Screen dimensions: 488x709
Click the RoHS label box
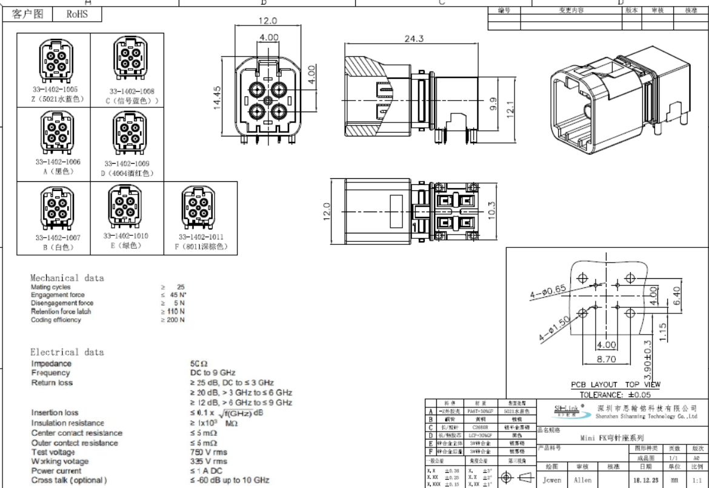tap(77, 14)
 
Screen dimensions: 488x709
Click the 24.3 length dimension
tap(414, 39)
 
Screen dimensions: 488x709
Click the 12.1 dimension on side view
tap(510, 109)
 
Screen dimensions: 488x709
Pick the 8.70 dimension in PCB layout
tap(606, 359)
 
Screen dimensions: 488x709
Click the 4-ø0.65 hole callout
tap(548, 291)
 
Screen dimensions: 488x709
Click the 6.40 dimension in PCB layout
tap(676, 295)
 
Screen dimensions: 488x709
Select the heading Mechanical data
tap(67, 278)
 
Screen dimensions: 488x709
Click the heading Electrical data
tap(67, 352)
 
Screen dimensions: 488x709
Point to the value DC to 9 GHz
tap(213, 373)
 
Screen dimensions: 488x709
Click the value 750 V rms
tap(209, 452)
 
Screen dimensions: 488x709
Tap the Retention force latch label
tap(61, 311)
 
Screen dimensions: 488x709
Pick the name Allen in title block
tap(583, 480)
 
